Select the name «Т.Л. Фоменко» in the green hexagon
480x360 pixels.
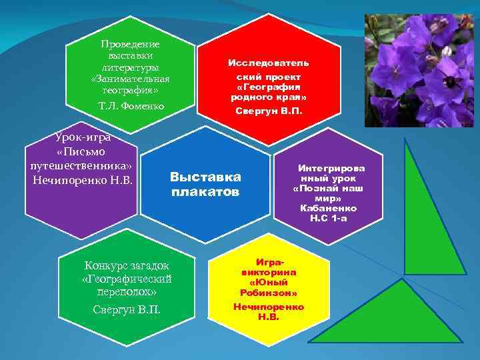[x=135, y=106]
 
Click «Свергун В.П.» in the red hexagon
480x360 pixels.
[x=269, y=111]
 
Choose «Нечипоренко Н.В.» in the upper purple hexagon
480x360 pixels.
[x=83, y=181]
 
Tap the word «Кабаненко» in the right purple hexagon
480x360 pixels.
[x=327, y=209]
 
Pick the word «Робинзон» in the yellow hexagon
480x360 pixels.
[x=269, y=293]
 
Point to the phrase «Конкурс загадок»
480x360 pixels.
[x=126, y=265]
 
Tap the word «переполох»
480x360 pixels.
[x=126, y=291]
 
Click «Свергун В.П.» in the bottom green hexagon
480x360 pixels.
[x=126, y=309]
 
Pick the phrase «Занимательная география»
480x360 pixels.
[x=135, y=84]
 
